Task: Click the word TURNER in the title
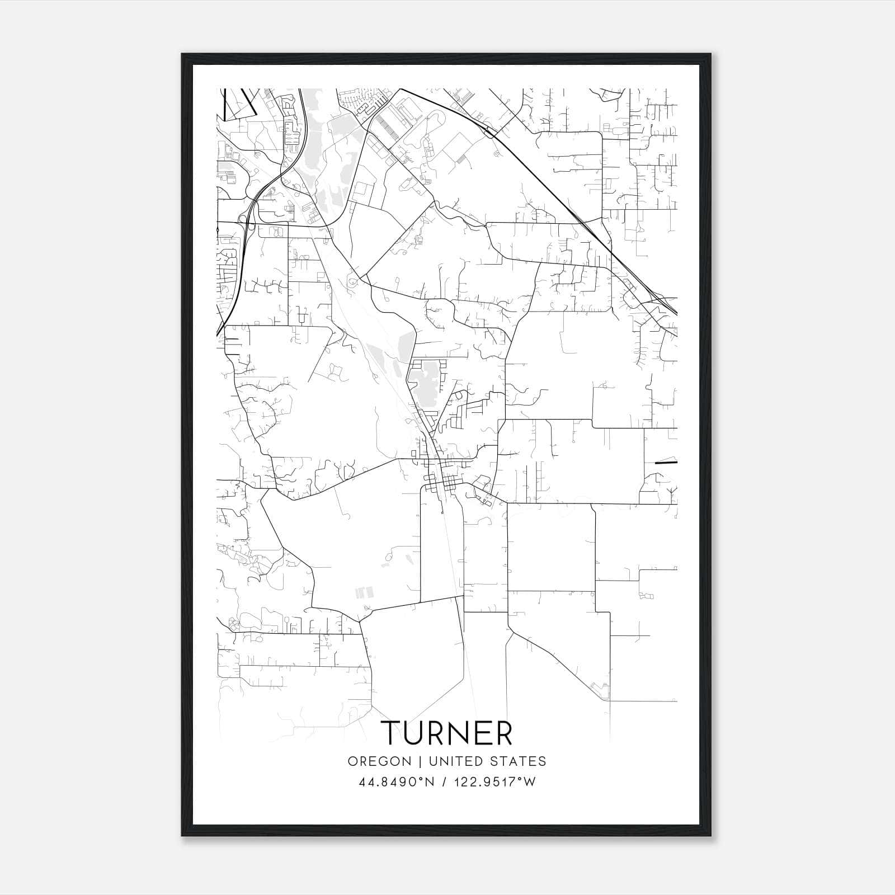[x=446, y=732]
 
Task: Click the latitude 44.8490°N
[x=397, y=782]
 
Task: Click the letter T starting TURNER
[x=390, y=732]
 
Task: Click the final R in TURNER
[x=503, y=732]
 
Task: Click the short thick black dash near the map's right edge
[x=666, y=463]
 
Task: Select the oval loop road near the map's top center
[x=435, y=119]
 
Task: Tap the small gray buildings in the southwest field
[x=364, y=591]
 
